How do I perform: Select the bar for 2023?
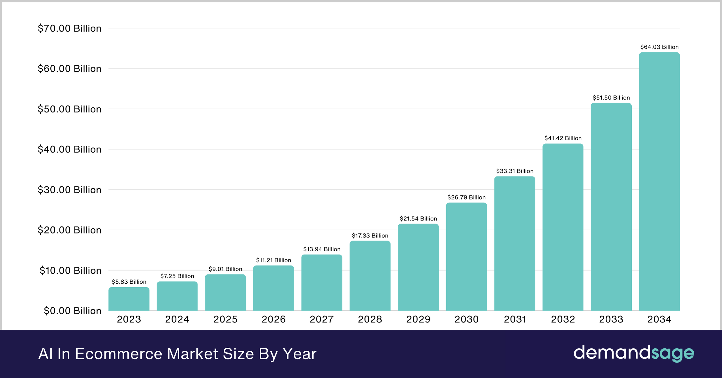tap(129, 299)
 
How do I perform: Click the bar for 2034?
tap(659, 181)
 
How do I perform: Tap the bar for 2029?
tap(418, 267)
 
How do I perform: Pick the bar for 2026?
tap(274, 288)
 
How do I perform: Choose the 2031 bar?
tap(514, 243)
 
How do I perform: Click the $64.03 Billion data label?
tap(659, 47)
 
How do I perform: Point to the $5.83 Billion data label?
tap(129, 282)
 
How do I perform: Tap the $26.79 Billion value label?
tap(466, 197)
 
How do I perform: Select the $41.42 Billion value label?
tap(563, 138)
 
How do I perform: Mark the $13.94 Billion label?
tap(322, 249)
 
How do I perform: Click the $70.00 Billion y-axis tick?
tap(69, 28)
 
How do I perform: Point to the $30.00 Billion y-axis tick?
tap(69, 190)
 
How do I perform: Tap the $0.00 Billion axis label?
tap(72, 311)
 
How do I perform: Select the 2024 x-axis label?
tap(177, 319)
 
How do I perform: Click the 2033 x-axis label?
tap(611, 319)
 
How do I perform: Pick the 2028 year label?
tap(370, 319)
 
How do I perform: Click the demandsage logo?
tap(634, 353)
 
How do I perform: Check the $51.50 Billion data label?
tap(611, 98)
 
